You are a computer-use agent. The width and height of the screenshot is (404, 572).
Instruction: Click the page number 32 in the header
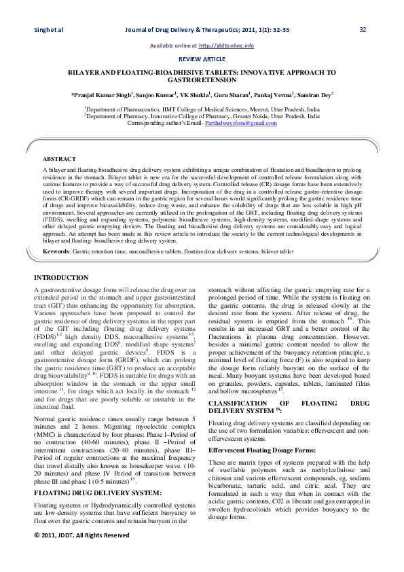tap(363, 29)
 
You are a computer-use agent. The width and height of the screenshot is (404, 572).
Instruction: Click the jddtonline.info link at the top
tap(226, 46)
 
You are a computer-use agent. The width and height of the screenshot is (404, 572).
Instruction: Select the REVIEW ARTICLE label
tap(202, 59)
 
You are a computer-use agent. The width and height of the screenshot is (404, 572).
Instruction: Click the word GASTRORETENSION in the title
tap(202, 79)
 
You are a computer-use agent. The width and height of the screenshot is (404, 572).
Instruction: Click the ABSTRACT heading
tap(59, 158)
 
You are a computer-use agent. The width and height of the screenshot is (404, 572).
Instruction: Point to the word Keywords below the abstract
tap(56, 251)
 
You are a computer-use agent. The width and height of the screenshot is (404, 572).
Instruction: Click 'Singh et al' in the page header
tap(48, 29)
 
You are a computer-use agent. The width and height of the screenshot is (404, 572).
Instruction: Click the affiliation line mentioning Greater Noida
tap(202, 116)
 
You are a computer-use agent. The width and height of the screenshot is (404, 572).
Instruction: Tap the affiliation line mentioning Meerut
tap(202, 109)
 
